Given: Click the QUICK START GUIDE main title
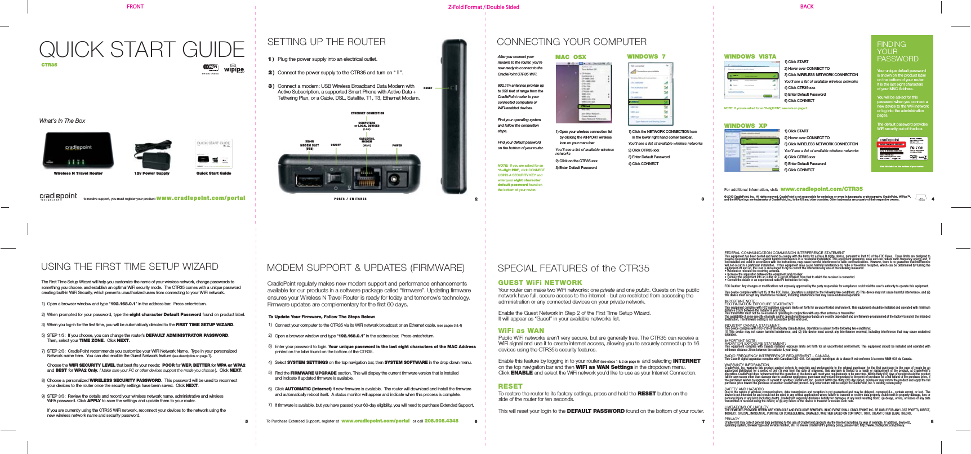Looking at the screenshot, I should tap(141, 50).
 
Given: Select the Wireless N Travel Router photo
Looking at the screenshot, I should tap(78, 150).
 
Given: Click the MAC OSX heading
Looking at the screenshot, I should tap(571, 57).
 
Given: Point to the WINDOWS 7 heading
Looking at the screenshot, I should tap(646, 56).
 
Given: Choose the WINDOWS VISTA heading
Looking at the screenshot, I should tap(750, 56).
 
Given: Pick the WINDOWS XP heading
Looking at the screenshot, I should tap(745, 126).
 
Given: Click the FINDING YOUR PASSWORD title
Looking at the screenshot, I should tap(897, 51).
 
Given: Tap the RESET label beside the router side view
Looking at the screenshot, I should tap(427, 88).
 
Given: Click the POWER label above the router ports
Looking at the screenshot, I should tap(397, 145).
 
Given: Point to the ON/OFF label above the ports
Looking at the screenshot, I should tap(336, 145).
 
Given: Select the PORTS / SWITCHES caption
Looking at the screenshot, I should tap(350, 199).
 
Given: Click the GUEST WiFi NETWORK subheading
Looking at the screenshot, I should tap(540, 283).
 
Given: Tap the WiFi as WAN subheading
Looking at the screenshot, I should tap(521, 331).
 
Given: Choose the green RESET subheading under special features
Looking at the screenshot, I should tap(510, 386).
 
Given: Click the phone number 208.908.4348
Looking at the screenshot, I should tap(441, 421).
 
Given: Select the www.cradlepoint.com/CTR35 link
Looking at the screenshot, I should tap(821, 189).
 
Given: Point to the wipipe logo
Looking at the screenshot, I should tap(234, 69).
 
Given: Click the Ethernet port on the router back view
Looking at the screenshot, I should tap(367, 180).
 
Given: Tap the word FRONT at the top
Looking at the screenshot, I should tap(135, 7).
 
